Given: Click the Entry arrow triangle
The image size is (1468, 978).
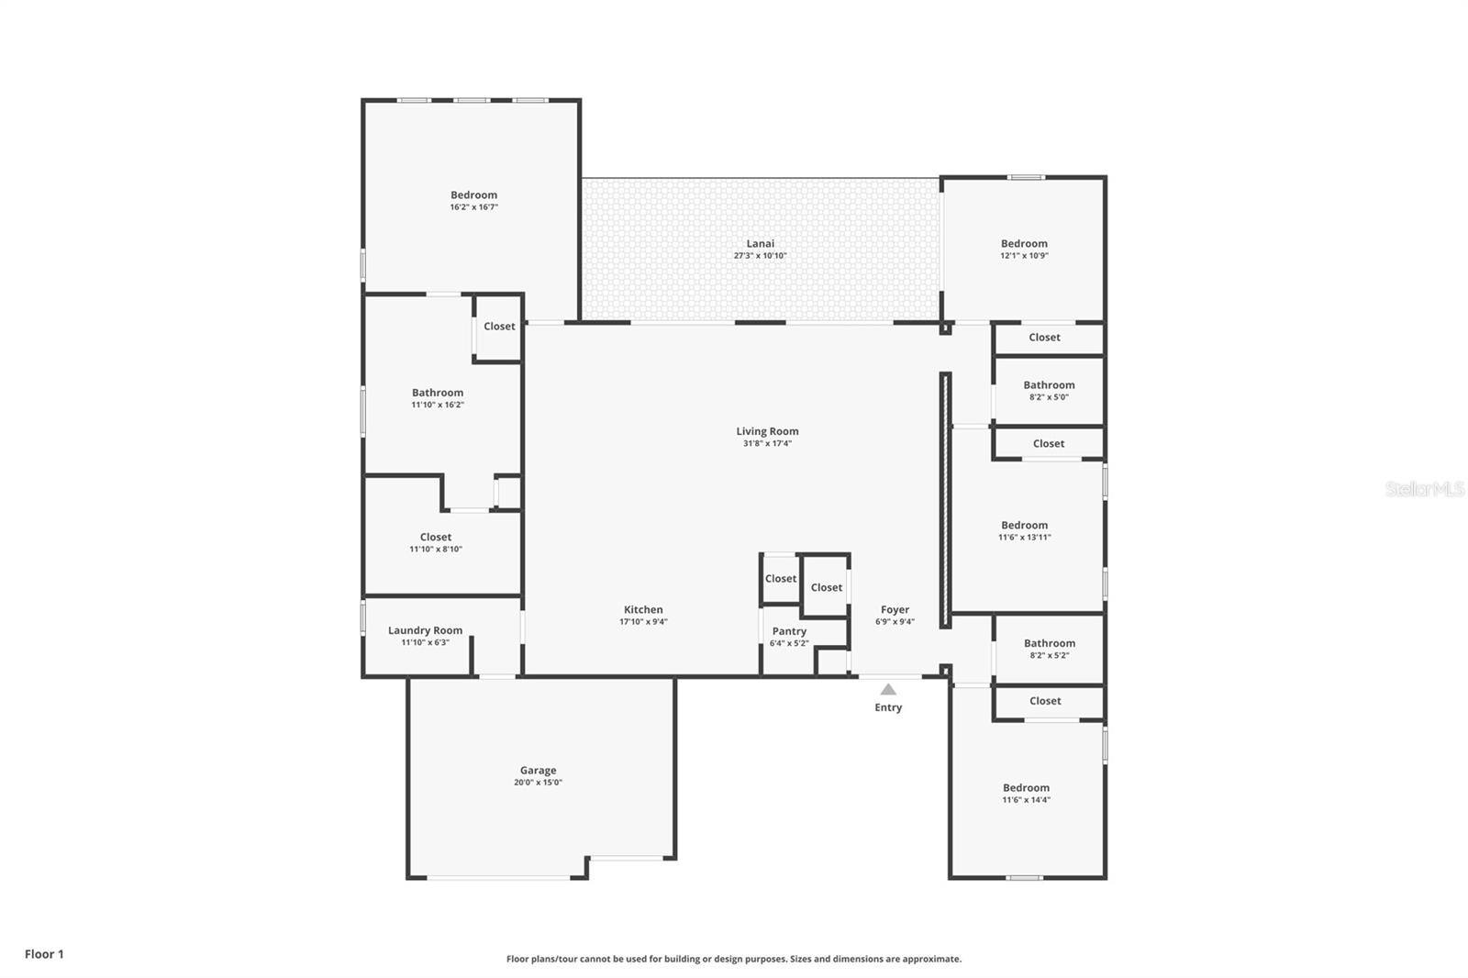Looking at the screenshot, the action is pos(888,690).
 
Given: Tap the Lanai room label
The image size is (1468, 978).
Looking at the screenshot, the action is pos(761,244).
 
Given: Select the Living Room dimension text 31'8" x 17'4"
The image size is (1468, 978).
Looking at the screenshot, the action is pos(767,443).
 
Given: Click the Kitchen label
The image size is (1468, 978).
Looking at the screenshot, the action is pos(643,609).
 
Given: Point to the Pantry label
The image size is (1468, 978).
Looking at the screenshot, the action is pos(789,631).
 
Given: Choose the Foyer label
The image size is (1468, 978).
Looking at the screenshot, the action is pos(895,609).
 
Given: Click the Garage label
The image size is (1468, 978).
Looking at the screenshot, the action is pos(538,771).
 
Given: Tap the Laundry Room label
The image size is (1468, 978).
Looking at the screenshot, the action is pos(426,630).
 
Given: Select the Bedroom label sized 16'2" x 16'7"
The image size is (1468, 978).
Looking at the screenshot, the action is pos(473,194).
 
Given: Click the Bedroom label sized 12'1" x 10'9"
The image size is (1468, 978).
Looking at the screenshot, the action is pos(1024,244).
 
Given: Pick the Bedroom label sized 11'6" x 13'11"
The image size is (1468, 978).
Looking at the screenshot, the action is pos(1024,525).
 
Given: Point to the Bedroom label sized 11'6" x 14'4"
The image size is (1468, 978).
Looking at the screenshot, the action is pos(1027,788).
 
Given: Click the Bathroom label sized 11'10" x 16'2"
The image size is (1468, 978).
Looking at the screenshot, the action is pos(438,393).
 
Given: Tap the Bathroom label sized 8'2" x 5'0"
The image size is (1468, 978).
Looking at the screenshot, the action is pos(1050,384).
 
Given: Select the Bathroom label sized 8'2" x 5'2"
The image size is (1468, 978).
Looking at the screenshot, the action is pos(1050,643).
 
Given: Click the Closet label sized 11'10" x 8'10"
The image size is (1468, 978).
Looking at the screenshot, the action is pos(436,537).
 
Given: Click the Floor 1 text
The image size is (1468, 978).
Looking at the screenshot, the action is pos(45,954).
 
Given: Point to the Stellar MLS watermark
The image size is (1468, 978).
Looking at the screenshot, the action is pos(1425,489).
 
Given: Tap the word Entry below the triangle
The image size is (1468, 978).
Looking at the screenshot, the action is pos(889,708).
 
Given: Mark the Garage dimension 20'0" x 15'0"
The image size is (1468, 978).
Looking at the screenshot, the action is pos(538,782).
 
